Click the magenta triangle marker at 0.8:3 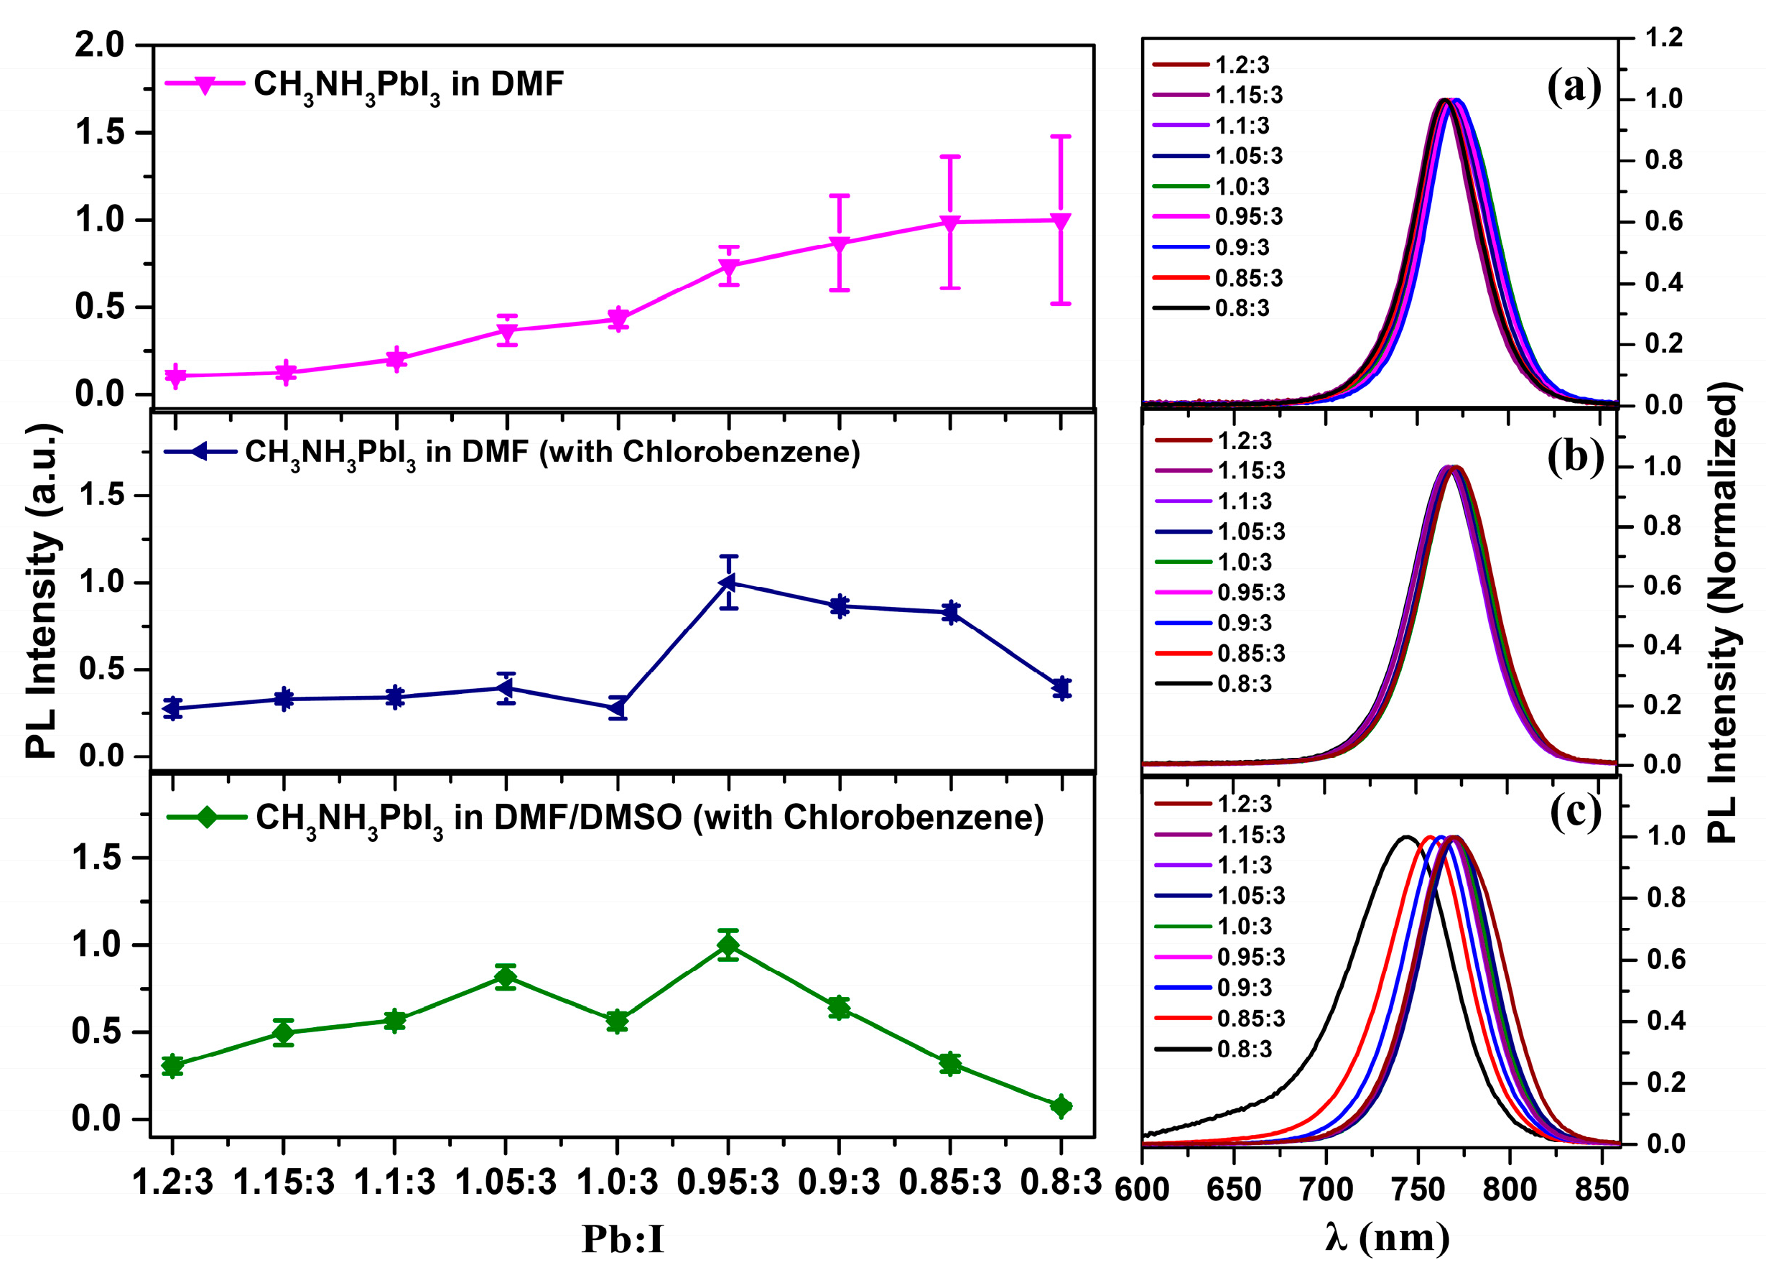(x=1060, y=221)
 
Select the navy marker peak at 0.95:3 (x=728, y=583)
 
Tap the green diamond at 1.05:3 (x=506, y=976)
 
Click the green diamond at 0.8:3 (x=1061, y=1106)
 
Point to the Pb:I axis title (x=623, y=1239)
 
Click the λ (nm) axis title (x=1387, y=1236)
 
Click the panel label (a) (x=1574, y=87)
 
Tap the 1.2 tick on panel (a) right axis (x=1663, y=37)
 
